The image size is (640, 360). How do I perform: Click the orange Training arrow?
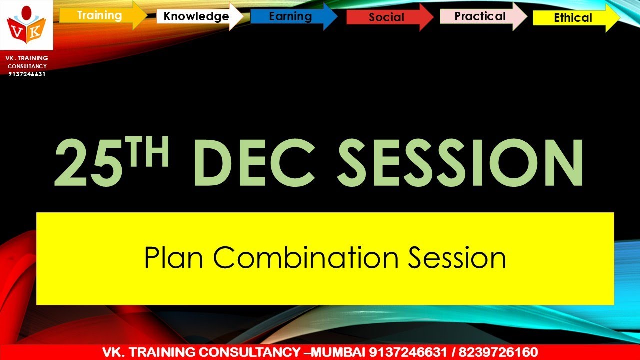coord(100,15)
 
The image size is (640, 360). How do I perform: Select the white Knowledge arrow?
coord(196,16)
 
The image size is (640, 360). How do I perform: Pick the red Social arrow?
coord(387,17)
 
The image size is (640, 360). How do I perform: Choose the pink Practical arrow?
coord(480,16)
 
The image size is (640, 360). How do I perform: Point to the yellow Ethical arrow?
coord(573,18)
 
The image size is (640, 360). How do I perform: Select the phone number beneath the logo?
coord(27,74)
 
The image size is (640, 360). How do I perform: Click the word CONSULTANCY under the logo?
coord(27,66)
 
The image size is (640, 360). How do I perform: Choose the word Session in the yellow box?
coord(456,258)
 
